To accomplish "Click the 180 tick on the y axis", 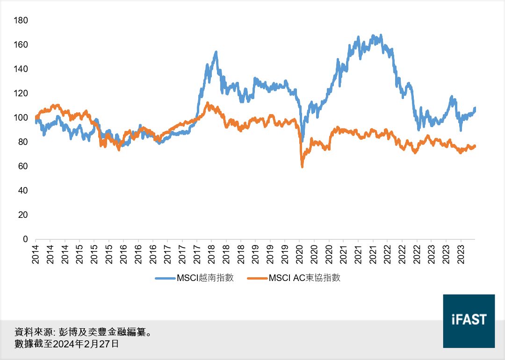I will point(22,21).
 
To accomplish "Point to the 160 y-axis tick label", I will point(22,45).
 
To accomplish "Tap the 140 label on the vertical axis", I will point(22,69).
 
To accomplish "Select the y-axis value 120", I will point(22,94).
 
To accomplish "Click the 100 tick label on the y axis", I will point(22,118).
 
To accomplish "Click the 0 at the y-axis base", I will point(25,239).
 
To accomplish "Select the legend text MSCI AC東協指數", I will point(304,278).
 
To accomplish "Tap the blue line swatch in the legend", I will point(165,278).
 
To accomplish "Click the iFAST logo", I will point(469,321).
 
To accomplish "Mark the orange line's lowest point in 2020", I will point(303,166).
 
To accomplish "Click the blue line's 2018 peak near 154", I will point(216,52).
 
